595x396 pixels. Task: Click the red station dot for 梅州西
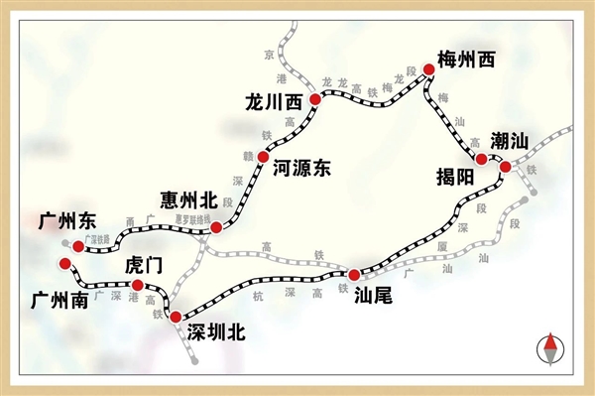pos(429,68)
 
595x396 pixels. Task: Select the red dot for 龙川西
pos(314,99)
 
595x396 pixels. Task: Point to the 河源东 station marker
pos(263,157)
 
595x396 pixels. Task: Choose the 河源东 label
pos(300,169)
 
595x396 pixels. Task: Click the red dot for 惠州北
pos(216,227)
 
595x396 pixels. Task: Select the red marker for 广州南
pos(65,263)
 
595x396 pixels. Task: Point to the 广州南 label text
pos(59,299)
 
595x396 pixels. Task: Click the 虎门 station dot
pos(137,286)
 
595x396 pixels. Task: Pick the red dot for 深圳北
pos(176,318)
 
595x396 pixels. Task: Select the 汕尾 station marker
pos(353,273)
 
